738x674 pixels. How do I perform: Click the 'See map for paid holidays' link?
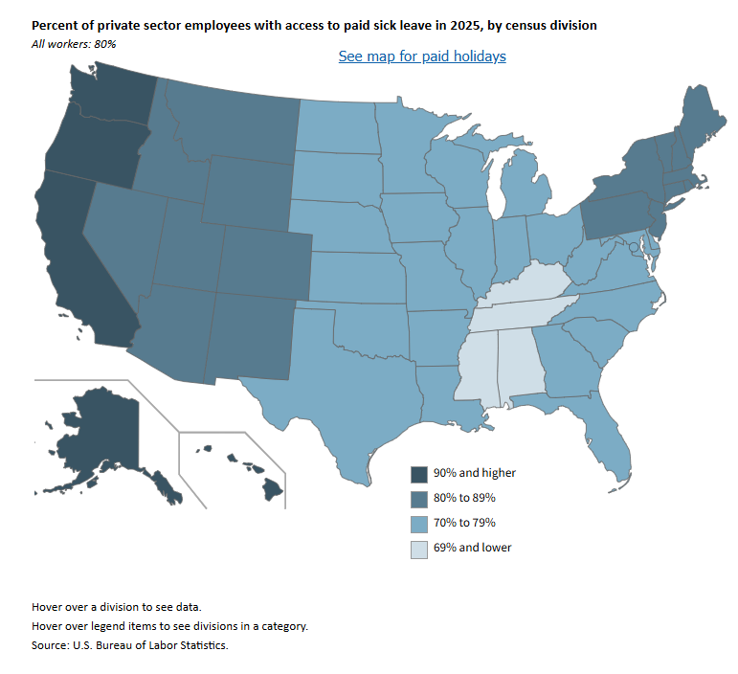[422, 56]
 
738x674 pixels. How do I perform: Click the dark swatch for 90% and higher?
[418, 474]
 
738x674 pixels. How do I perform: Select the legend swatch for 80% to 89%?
[418, 499]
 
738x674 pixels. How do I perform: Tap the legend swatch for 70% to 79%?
[418, 524]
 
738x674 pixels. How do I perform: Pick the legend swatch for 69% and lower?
[418, 549]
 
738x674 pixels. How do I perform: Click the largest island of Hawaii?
[273, 490]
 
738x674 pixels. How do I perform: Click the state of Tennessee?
[522, 312]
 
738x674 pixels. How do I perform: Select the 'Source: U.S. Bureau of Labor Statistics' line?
[130, 645]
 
